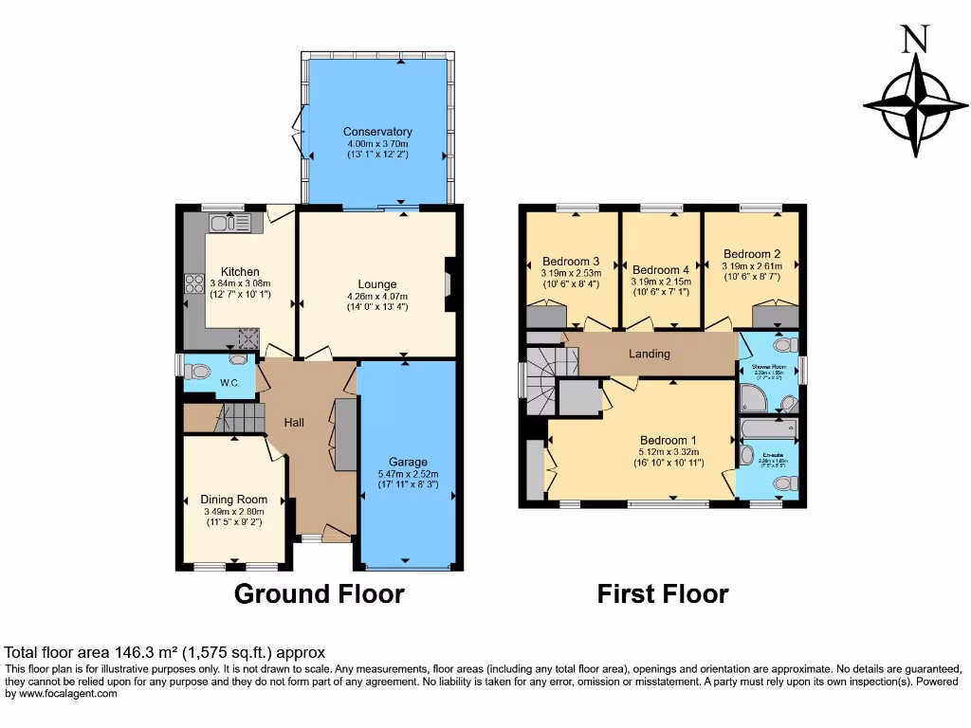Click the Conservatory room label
click(377, 132)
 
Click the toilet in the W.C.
click(236, 359)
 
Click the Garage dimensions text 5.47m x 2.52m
click(408, 474)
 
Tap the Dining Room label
click(233, 500)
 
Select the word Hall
click(294, 423)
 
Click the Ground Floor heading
click(319, 594)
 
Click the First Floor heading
click(662, 594)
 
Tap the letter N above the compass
click(913, 39)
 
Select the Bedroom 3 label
click(571, 262)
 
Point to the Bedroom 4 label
click(661, 269)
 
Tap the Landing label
click(650, 354)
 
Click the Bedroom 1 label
click(668, 440)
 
